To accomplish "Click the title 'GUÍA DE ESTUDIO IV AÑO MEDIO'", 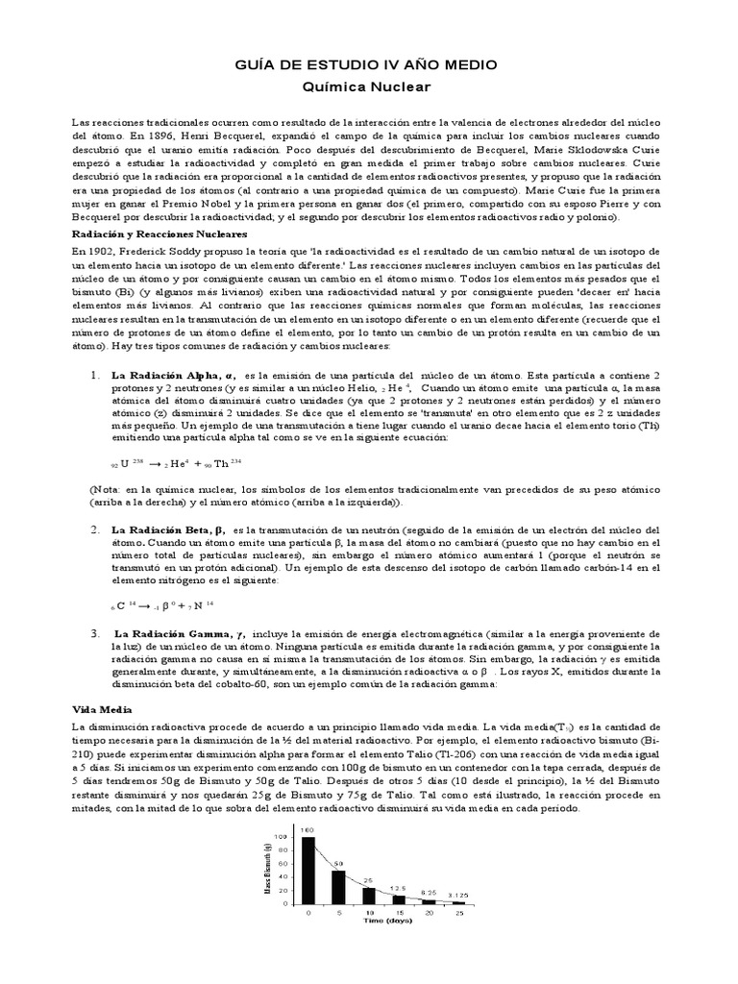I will [x=368, y=65].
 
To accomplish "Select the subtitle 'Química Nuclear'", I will [x=368, y=87].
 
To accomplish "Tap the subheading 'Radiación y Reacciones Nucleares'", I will [x=160, y=234].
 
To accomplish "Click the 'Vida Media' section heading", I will [x=99, y=707].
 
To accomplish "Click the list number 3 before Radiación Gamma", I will [x=95, y=633].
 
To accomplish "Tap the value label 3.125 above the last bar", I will [x=459, y=896].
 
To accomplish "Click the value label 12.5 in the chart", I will [x=399, y=889].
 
